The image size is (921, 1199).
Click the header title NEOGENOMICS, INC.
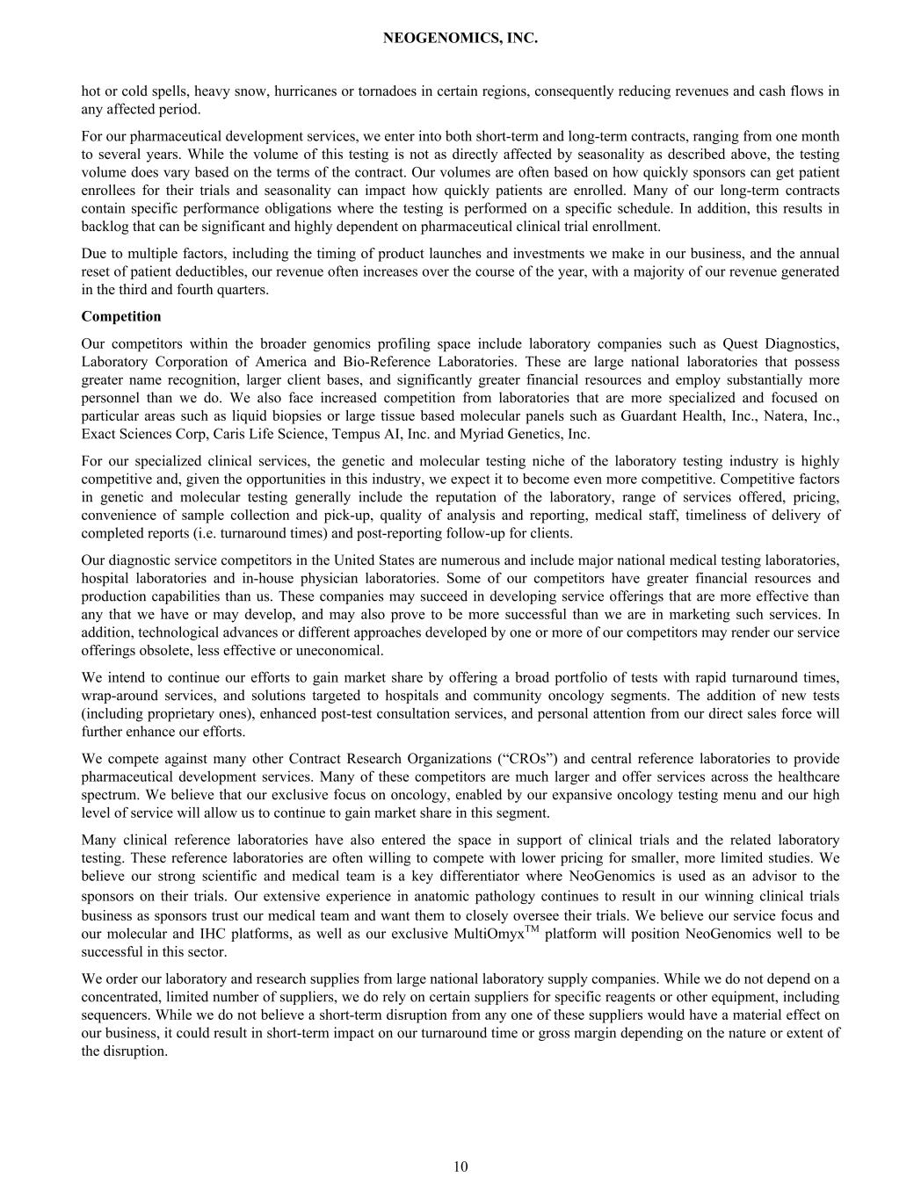(460, 39)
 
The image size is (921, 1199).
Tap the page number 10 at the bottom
(460, 1166)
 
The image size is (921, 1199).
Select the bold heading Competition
(121, 316)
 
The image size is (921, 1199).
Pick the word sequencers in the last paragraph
(112, 1015)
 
